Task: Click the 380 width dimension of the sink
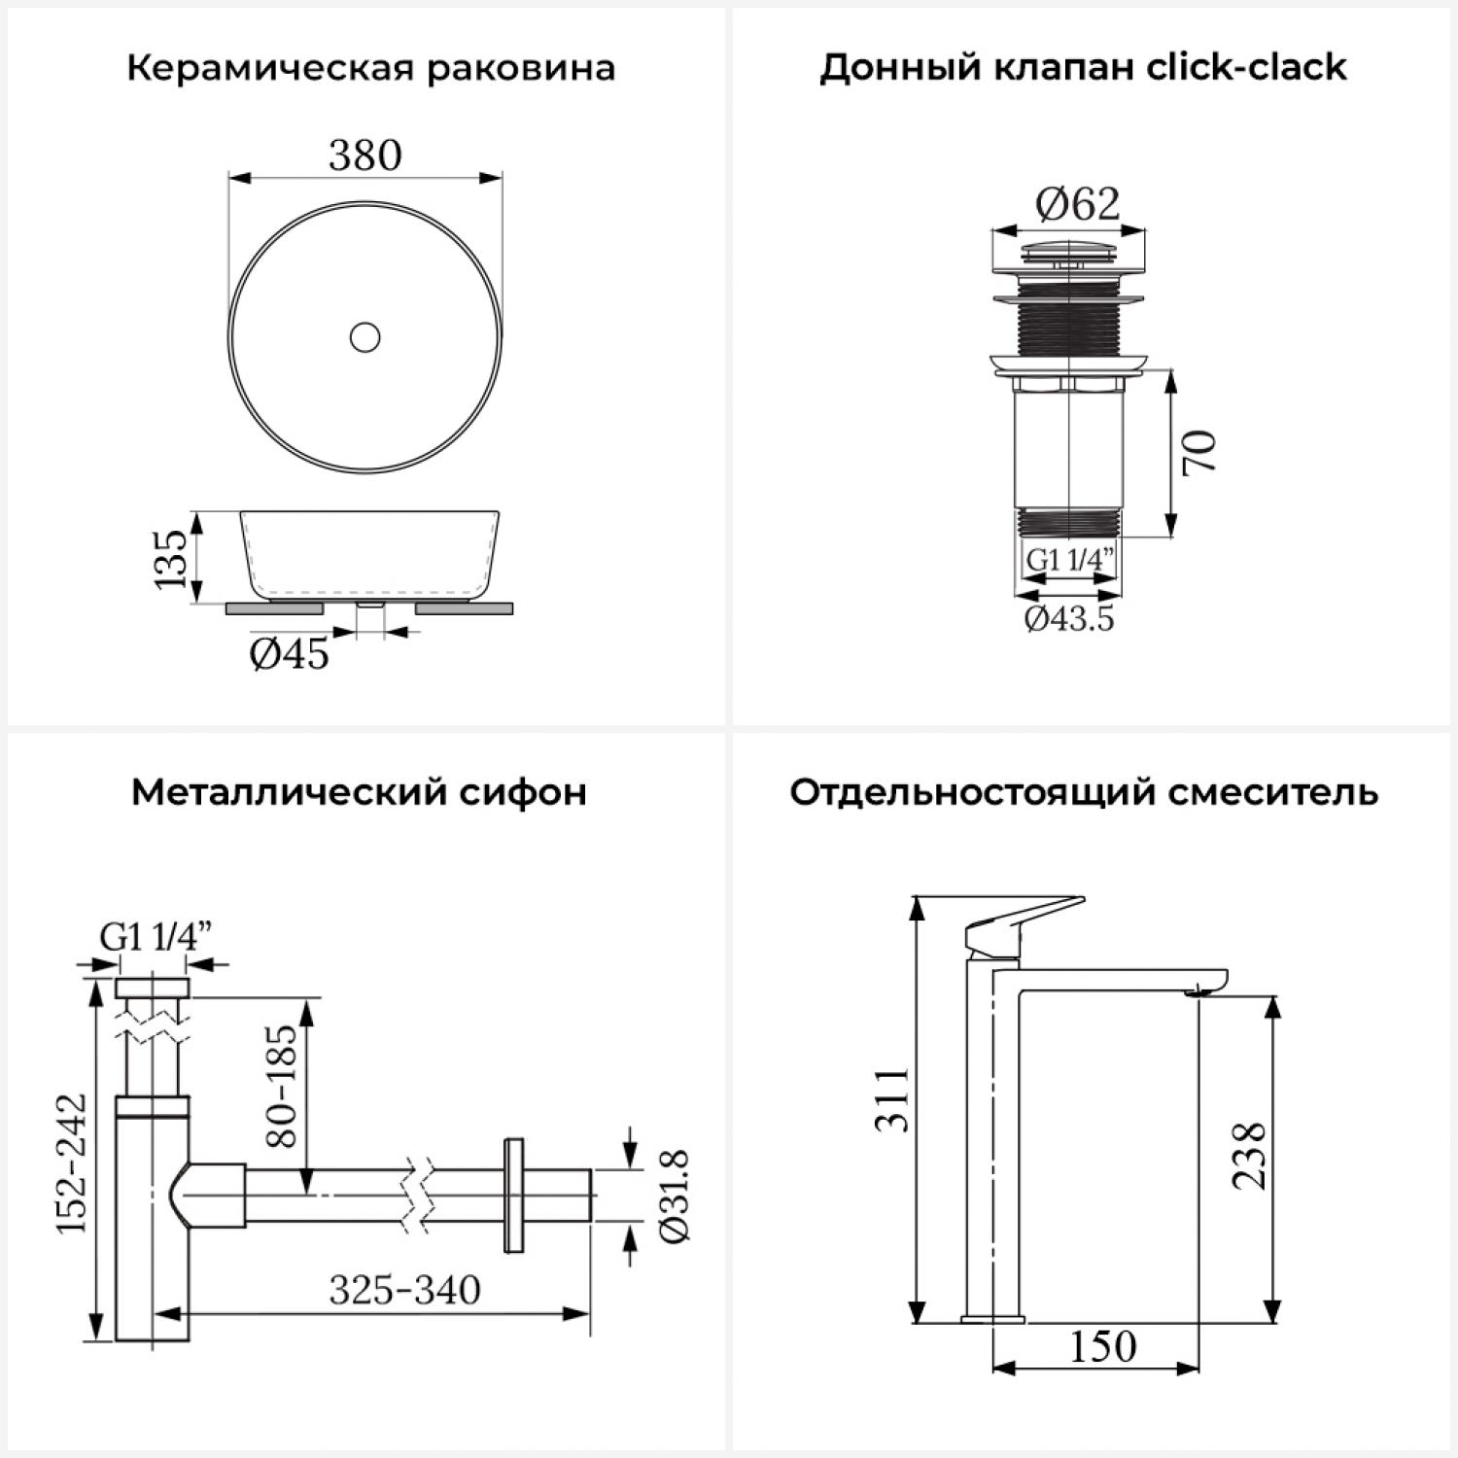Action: pos(365,155)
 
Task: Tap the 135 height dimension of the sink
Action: pos(171,558)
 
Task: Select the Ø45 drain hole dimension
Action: pos(290,654)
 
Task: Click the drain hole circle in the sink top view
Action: pos(365,337)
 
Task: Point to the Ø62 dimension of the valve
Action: pos(1077,203)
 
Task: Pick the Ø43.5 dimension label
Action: pos(1069,618)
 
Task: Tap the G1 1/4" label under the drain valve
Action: pos(1070,560)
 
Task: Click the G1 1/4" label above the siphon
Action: pos(156,937)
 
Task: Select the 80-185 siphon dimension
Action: pos(281,1085)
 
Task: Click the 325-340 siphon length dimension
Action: pos(404,1290)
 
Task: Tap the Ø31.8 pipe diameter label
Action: pos(674,1196)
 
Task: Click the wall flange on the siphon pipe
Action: pos(513,1195)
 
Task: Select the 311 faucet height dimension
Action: pos(892,1099)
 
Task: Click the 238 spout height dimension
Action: pos(1249,1156)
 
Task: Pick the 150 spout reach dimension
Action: pos(1103,1346)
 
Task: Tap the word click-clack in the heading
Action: pos(1247,67)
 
